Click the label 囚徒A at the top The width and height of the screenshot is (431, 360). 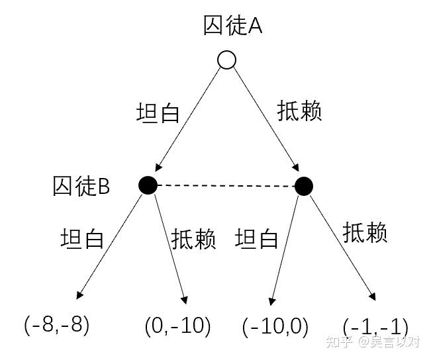(233, 26)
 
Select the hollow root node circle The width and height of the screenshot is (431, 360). (226, 61)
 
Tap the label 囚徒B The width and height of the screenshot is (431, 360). (81, 187)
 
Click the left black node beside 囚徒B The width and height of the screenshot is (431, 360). (148, 185)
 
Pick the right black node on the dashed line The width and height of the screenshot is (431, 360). (303, 186)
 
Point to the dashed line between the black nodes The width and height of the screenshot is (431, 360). (225, 186)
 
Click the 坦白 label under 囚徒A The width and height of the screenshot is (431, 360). (158, 112)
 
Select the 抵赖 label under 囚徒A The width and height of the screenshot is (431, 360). (299, 111)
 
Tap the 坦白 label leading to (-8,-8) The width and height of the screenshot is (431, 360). (82, 238)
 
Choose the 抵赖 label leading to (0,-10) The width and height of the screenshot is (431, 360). (194, 239)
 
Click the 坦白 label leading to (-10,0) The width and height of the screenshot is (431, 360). (257, 239)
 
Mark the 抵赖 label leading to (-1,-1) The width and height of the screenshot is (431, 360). (365, 233)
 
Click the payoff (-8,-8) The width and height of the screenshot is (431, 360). (56, 325)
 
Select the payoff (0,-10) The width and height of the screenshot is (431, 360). (177, 326)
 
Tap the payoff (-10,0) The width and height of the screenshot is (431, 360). (275, 326)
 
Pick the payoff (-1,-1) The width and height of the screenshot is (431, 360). (375, 327)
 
